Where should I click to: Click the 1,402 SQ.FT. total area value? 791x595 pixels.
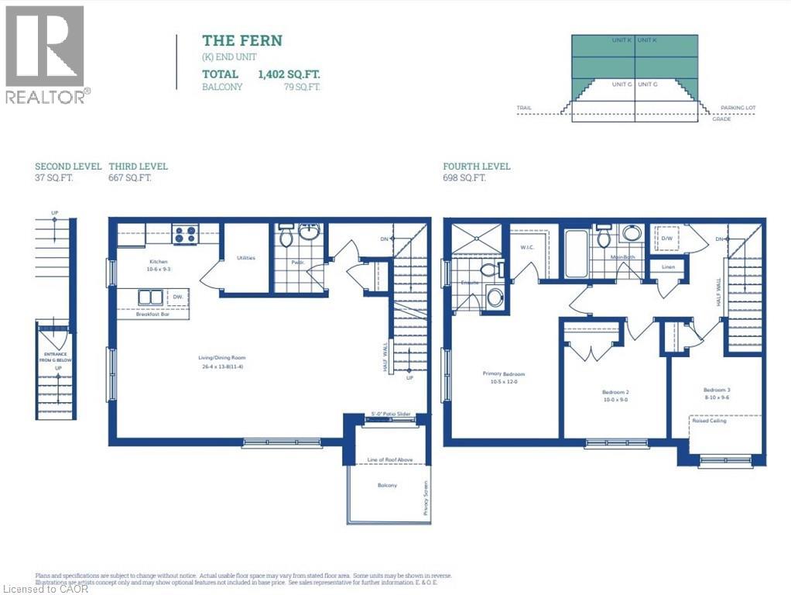point(289,74)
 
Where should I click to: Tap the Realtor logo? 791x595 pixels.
point(45,54)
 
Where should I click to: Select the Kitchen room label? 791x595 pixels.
point(159,262)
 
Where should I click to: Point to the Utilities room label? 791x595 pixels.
point(246,258)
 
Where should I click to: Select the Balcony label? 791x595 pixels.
point(388,486)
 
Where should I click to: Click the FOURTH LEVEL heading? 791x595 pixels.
point(476,167)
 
